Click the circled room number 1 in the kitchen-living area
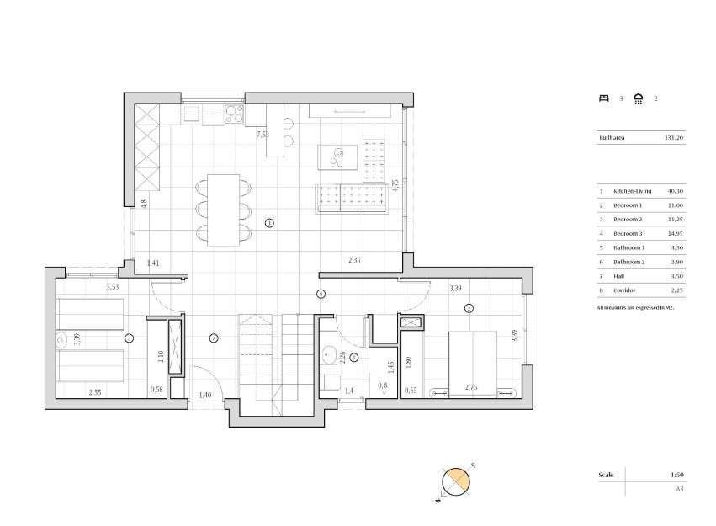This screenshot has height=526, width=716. (269, 223)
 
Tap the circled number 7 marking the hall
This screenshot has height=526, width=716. (214, 338)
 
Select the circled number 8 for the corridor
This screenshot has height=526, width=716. (321, 294)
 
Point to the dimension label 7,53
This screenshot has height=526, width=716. (263, 134)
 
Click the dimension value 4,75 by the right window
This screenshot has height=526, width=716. (395, 185)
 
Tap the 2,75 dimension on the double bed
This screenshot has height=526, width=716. (472, 389)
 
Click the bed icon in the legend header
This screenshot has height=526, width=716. (602, 98)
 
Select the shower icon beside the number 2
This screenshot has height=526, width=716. (639, 98)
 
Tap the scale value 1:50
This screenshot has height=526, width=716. (676, 475)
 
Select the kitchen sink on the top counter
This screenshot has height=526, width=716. (191, 113)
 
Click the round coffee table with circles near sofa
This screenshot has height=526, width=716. (337, 157)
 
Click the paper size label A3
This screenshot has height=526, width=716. (678, 488)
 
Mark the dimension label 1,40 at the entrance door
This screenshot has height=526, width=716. (205, 395)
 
